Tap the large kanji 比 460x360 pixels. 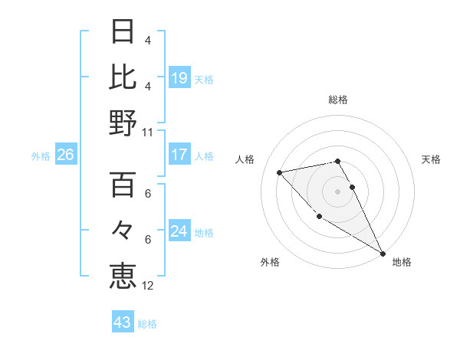tap(123, 77)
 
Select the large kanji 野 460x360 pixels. tap(123, 123)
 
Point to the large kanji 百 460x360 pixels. tap(123, 185)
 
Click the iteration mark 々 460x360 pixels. tap(123, 230)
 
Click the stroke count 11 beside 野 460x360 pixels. tap(148, 132)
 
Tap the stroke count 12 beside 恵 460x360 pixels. tap(148, 286)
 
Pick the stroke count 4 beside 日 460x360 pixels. tap(147, 40)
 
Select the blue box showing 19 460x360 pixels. tap(179, 77)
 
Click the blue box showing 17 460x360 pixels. tap(179, 155)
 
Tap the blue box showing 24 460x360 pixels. tap(179, 231)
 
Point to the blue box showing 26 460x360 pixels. tap(65, 155)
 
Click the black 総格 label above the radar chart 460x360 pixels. tap(337, 100)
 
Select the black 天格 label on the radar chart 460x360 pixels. tap(431, 159)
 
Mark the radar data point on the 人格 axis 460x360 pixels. tap(280, 172)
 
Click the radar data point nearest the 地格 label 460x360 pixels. tap(383, 253)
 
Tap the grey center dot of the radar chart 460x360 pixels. tap(337, 191)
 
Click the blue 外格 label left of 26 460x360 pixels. tap(41, 156)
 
